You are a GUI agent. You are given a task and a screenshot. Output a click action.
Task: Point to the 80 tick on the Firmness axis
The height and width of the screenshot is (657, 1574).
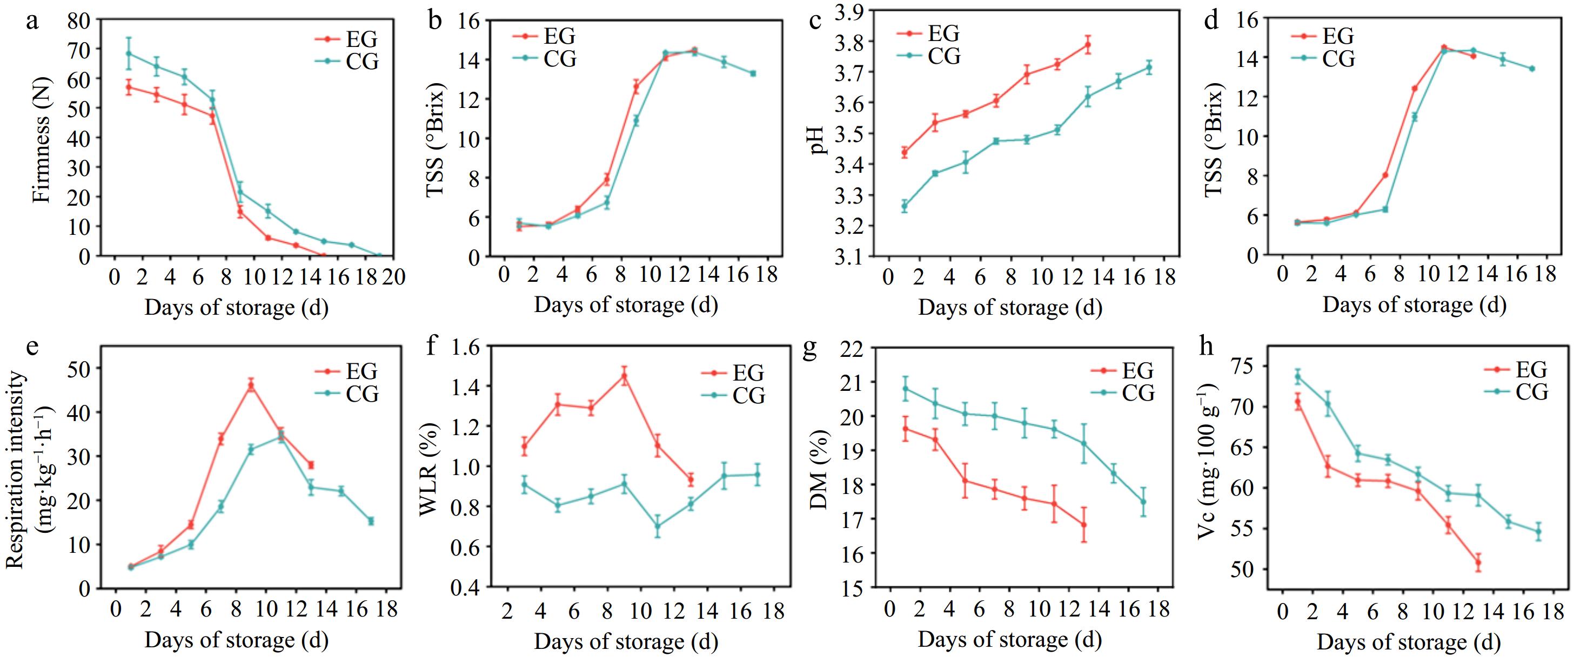[x=78, y=21]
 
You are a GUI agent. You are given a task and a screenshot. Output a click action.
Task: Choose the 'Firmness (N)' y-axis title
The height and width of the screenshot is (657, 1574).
[x=42, y=141]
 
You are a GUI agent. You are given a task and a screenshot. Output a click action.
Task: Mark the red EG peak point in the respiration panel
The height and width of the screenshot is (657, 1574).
[x=251, y=385]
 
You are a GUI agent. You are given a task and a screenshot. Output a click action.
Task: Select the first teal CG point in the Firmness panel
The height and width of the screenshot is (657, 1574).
[x=128, y=53]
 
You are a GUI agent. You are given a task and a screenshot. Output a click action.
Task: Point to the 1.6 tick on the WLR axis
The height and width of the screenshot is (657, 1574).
[x=466, y=347]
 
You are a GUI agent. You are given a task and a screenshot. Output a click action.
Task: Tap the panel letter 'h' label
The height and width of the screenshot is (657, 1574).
[x=1206, y=346]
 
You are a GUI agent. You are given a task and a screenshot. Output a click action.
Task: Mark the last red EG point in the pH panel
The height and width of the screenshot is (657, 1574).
[x=1088, y=45]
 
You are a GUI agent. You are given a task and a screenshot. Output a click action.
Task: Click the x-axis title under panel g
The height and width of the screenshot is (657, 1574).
[x=1009, y=640]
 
